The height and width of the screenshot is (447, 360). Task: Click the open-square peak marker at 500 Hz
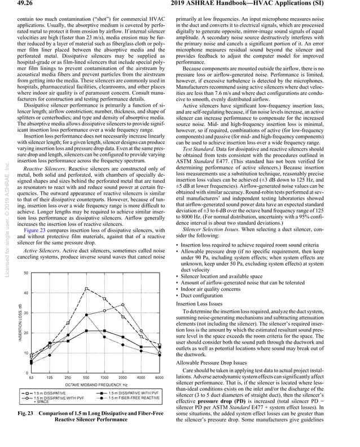coord(86,288)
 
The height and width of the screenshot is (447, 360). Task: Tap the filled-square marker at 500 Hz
coord(86,331)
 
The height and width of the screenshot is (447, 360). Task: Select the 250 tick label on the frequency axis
coord(68,377)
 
